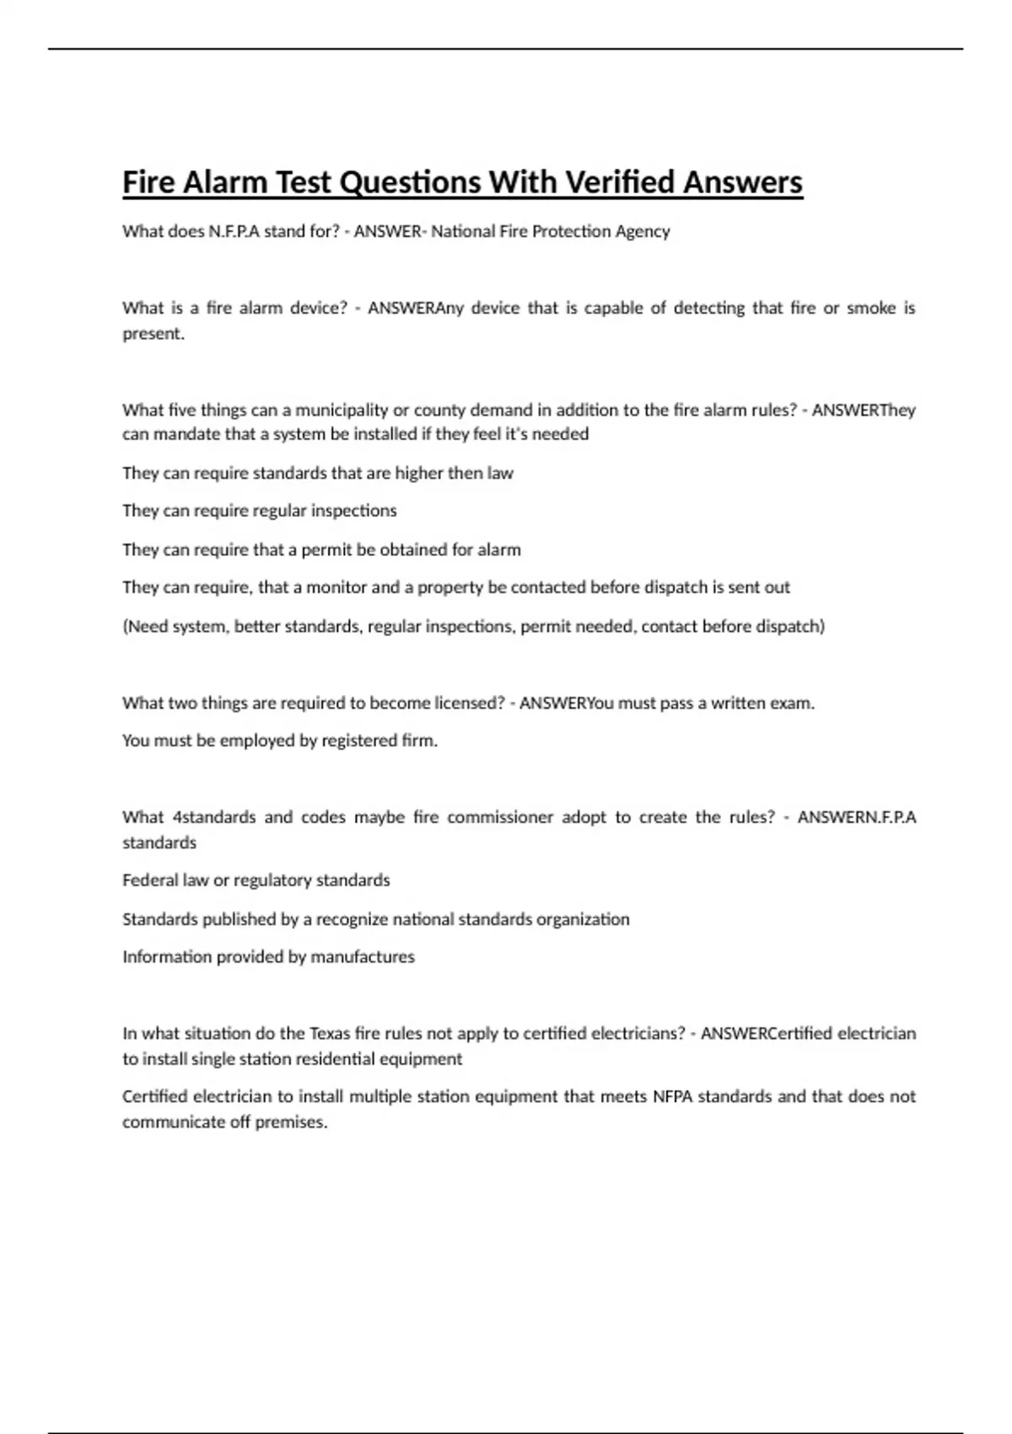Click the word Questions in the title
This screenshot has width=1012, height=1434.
pos(410,182)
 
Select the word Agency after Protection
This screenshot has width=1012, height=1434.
pos(643,231)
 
